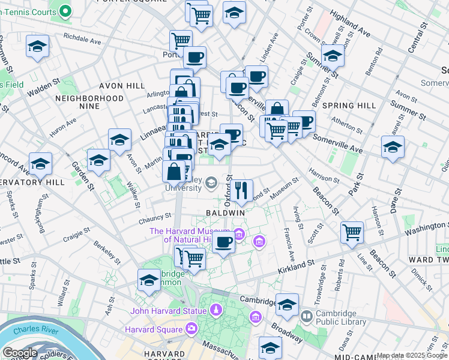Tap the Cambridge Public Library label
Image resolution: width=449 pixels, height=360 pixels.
pos(342,317)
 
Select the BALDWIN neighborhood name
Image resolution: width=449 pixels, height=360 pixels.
pos(225,213)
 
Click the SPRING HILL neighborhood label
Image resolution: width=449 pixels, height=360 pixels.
pos(349,106)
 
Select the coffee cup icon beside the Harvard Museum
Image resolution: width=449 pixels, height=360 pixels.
pos(224,242)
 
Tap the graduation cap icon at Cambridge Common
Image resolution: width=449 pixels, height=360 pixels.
pos(149,279)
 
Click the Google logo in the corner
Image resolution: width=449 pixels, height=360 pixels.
pos(19,353)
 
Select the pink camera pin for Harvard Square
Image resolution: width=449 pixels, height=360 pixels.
pos(191,328)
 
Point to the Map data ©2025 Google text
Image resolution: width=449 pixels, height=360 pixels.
pos(412,356)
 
